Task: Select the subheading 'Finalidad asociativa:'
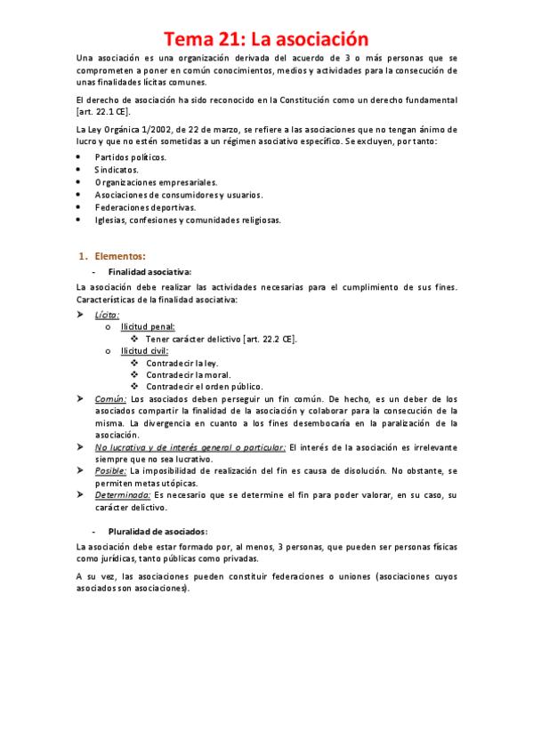point(149,271)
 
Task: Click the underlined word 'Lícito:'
point(107,314)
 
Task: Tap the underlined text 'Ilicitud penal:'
point(148,326)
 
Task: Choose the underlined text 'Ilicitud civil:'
point(145,350)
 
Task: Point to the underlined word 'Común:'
point(111,399)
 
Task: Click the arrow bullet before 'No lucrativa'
point(81,446)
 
